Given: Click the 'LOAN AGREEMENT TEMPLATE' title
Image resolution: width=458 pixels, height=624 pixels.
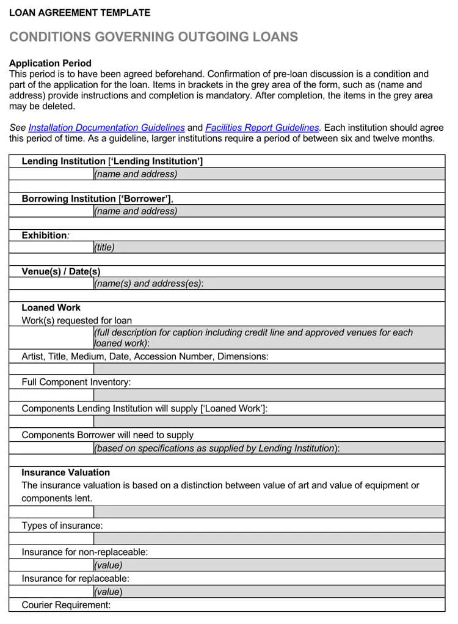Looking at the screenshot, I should pyautogui.click(x=79, y=12).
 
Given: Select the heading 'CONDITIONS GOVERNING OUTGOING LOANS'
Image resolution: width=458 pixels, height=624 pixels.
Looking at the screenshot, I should pyautogui.click(x=154, y=37).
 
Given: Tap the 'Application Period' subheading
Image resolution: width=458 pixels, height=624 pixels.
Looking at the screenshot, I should pyautogui.click(x=50, y=63).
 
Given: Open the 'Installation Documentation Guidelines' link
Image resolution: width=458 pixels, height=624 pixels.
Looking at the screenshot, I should pyautogui.click(x=106, y=128).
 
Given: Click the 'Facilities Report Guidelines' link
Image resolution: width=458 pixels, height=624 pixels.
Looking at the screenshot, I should pyautogui.click(x=262, y=128).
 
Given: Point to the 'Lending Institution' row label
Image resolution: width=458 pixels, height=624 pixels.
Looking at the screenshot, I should pyautogui.click(x=112, y=161).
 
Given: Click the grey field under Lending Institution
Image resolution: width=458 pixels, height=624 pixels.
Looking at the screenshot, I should pyautogui.click(x=269, y=174).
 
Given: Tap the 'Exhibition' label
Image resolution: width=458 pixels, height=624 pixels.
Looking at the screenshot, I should pyautogui.click(x=45, y=235).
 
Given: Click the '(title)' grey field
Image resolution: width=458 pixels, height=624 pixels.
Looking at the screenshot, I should pyautogui.click(x=269, y=248).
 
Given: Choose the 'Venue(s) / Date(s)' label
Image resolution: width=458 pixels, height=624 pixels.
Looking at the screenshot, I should pyautogui.click(x=61, y=271).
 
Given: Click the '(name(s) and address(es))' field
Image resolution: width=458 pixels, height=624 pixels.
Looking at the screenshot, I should pyautogui.click(x=269, y=284).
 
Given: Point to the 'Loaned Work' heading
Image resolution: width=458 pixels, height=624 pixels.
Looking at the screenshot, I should pyautogui.click(x=51, y=307).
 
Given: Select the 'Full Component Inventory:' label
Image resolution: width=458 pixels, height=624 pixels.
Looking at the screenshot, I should pyautogui.click(x=76, y=382).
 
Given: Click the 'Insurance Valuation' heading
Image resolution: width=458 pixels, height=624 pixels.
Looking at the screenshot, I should pyautogui.click(x=65, y=472).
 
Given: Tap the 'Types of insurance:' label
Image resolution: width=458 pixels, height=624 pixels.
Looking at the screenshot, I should pyautogui.click(x=62, y=526).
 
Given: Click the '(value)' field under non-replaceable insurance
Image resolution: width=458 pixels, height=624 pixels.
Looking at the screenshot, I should pyautogui.click(x=269, y=565).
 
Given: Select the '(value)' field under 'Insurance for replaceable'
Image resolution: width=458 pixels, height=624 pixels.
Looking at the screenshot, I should pyautogui.click(x=269, y=592).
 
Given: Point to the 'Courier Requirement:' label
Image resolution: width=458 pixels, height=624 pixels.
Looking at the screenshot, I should pyautogui.click(x=66, y=605).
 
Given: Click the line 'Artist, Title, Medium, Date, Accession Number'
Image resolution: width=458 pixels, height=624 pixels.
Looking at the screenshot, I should pyautogui.click(x=145, y=356).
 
